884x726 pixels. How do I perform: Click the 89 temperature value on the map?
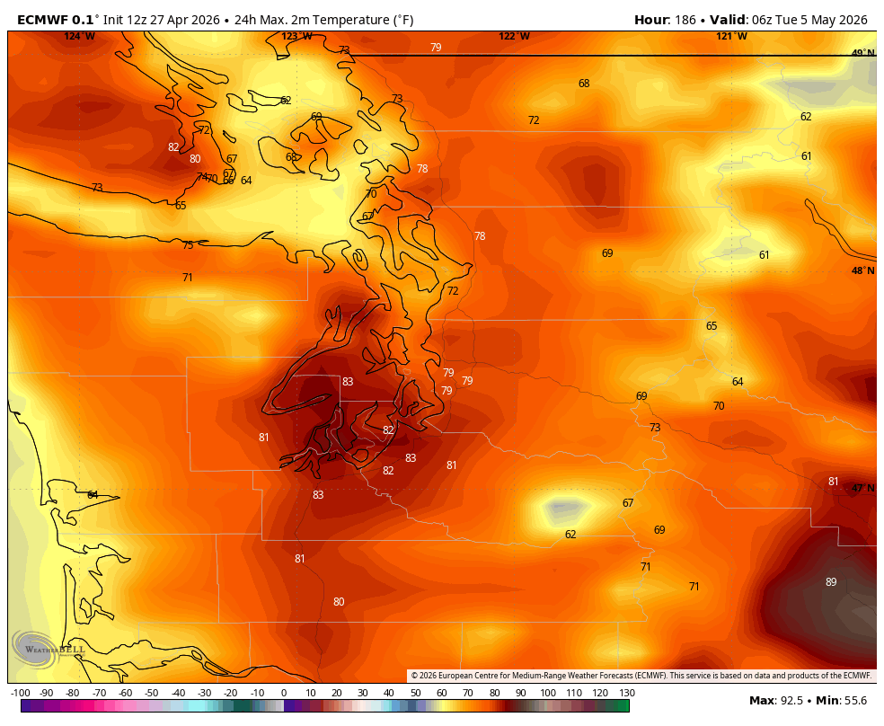(x=830, y=582)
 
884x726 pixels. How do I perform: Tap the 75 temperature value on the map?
(x=187, y=245)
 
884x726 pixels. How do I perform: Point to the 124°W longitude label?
(x=79, y=36)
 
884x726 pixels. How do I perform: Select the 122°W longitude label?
(x=514, y=36)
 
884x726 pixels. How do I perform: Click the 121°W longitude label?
(x=731, y=36)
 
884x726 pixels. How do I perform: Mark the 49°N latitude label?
(x=862, y=53)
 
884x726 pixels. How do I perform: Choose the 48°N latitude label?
(x=862, y=270)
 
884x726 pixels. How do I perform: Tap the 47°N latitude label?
(x=862, y=488)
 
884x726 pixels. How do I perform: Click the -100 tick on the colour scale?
(x=20, y=693)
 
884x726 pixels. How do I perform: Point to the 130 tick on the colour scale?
(x=627, y=693)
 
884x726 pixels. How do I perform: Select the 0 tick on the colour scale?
(x=284, y=693)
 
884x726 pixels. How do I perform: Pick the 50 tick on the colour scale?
(x=416, y=693)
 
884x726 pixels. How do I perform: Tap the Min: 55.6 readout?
(x=844, y=701)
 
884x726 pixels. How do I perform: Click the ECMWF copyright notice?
(x=641, y=676)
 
